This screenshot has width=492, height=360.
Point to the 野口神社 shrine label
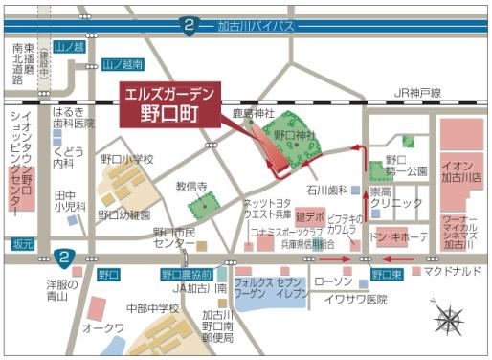coord(296,135)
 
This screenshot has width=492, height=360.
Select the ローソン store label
coord(333,281)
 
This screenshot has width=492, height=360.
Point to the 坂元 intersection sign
coord(22,245)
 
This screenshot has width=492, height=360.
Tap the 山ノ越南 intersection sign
coord(124,65)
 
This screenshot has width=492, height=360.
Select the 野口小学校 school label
coord(126,159)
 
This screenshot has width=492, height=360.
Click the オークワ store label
coord(102,327)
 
